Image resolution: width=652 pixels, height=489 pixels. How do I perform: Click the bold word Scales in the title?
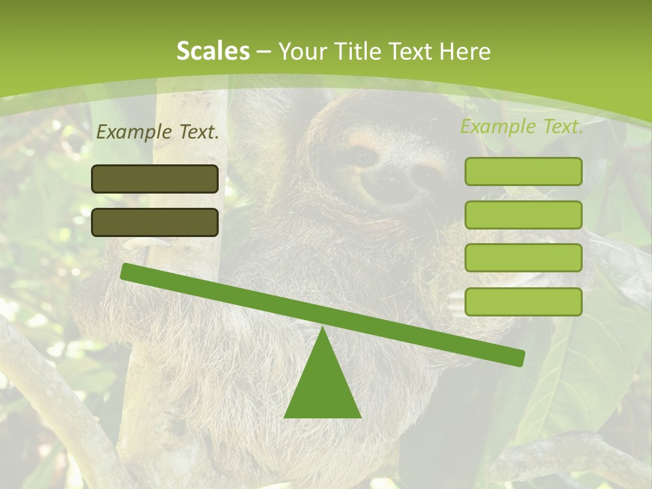pyautogui.click(x=213, y=52)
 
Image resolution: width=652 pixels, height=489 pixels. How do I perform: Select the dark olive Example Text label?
pyautogui.click(x=158, y=132)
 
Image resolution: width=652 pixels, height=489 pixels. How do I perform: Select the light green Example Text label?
pyautogui.click(x=522, y=126)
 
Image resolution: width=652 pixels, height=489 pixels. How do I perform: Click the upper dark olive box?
pyautogui.click(x=155, y=179)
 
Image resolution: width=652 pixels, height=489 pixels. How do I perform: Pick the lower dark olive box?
pyautogui.click(x=155, y=222)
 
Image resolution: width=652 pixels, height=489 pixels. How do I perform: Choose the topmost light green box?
pyautogui.click(x=523, y=172)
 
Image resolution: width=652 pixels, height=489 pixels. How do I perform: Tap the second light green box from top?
pyautogui.click(x=523, y=215)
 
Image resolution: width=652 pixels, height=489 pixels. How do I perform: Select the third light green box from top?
pyautogui.click(x=523, y=258)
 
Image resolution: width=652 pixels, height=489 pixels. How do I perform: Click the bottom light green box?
pyautogui.click(x=523, y=302)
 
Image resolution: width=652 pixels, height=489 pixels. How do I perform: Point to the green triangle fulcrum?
pyautogui.click(x=322, y=384)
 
